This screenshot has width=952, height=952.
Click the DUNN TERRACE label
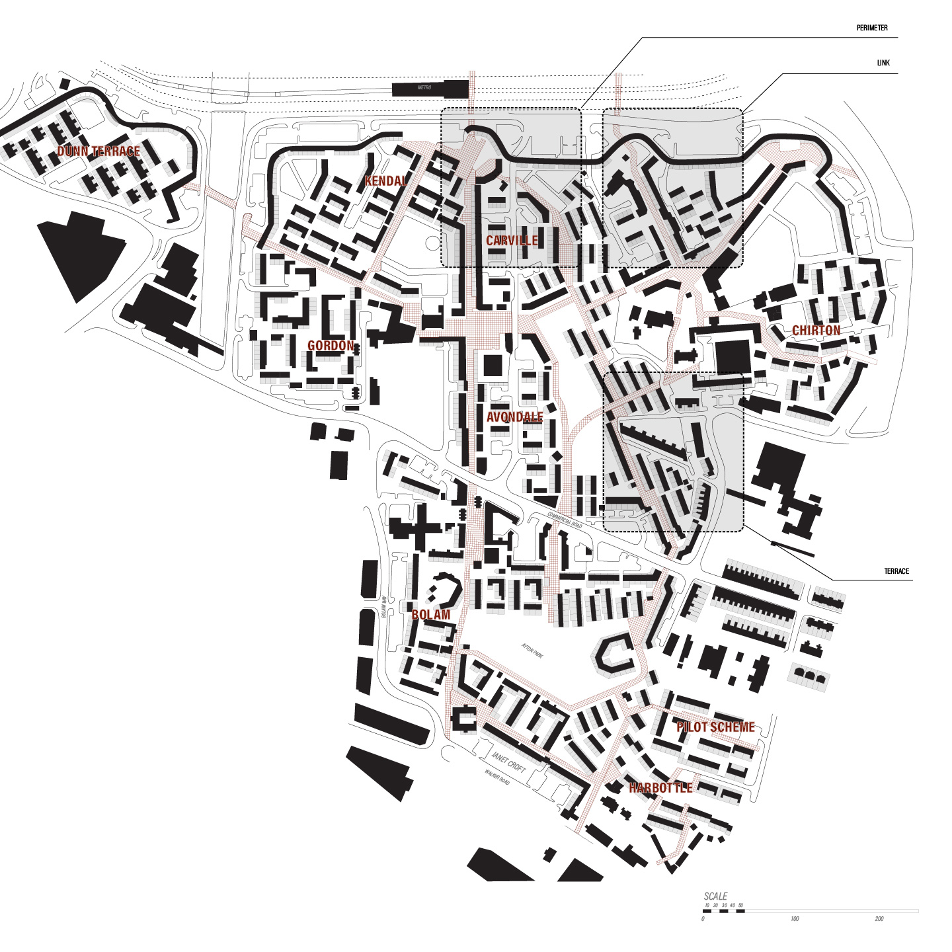pyautogui.click(x=99, y=151)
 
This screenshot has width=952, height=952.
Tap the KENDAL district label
pyautogui.click(x=386, y=180)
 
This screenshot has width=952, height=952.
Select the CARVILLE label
pyautogui.click(x=512, y=241)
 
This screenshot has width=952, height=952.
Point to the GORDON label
pyautogui.click(x=331, y=346)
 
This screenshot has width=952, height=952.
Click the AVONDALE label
pyautogui.click(x=514, y=417)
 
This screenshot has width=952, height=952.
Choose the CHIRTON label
pyautogui.click(x=816, y=331)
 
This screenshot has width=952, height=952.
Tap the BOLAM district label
pyautogui.click(x=431, y=615)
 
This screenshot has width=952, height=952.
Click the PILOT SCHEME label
pyautogui.click(x=715, y=727)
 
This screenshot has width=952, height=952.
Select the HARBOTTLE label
pyautogui.click(x=660, y=788)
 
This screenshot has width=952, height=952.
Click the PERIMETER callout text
pyautogui.click(x=872, y=28)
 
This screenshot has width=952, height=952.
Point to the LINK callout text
pyautogui.click(x=883, y=63)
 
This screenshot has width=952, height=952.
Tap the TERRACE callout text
pyautogui.click(x=896, y=571)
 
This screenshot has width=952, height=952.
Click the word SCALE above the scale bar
pyautogui.click(x=715, y=897)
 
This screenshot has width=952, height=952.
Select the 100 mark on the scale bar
pyautogui.click(x=795, y=919)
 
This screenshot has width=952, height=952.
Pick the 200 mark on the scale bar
pyautogui.click(x=879, y=919)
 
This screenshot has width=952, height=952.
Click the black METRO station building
pyautogui.click(x=430, y=89)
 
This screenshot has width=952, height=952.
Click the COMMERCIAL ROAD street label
pyautogui.click(x=565, y=520)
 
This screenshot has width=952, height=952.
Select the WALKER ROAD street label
pyautogui.click(x=497, y=777)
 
